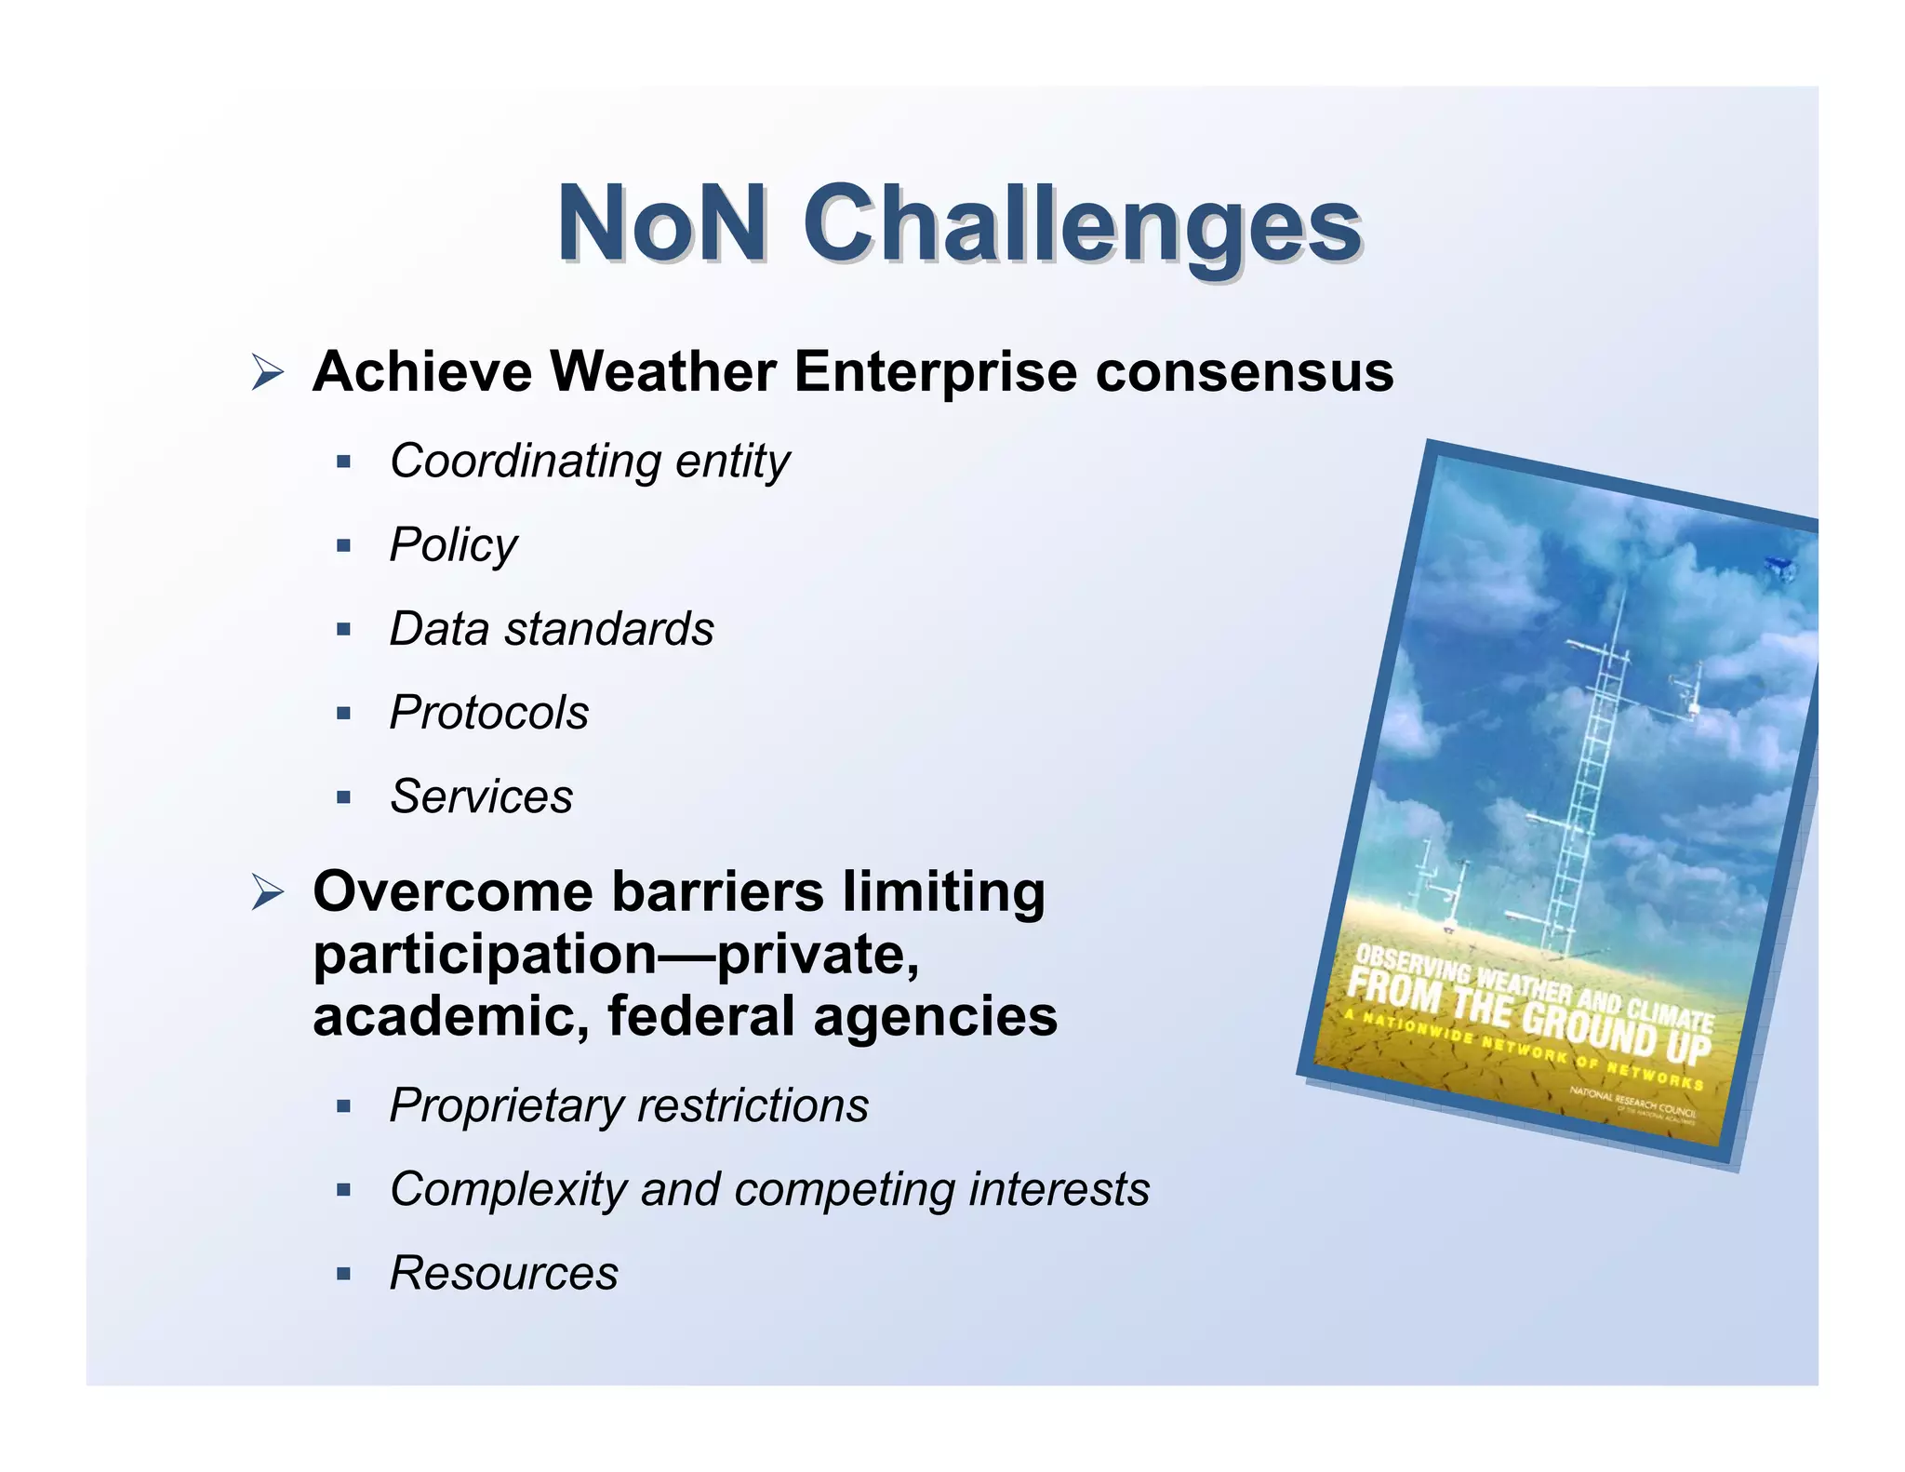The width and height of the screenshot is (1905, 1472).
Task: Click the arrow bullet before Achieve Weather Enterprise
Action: click(x=267, y=374)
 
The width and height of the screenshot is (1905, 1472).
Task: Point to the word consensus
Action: click(x=1244, y=372)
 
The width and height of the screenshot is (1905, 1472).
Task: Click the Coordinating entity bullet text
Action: click(x=589, y=461)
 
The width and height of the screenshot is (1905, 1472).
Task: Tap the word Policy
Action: click(x=453, y=545)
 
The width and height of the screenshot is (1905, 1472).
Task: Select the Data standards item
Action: click(x=552, y=629)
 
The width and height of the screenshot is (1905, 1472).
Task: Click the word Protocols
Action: click(x=488, y=713)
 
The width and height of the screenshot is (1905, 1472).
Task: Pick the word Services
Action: click(x=481, y=796)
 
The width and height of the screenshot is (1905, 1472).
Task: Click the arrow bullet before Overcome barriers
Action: click(x=267, y=893)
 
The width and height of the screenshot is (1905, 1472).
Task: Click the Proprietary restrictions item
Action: click(x=629, y=1105)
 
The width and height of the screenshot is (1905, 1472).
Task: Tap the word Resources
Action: click(x=503, y=1273)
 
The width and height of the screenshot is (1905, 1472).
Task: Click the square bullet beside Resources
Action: click(x=344, y=1274)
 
